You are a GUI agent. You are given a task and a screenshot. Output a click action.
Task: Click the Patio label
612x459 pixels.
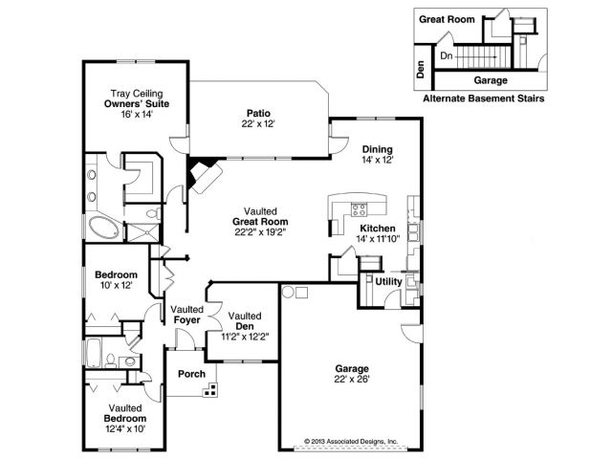(x=258, y=113)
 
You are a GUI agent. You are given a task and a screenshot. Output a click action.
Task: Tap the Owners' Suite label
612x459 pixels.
(x=137, y=104)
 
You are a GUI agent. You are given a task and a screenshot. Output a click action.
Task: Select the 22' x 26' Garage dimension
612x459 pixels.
(x=352, y=379)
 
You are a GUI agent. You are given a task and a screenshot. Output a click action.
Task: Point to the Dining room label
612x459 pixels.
(x=378, y=149)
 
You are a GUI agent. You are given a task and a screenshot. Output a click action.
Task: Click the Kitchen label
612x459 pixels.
(x=378, y=229)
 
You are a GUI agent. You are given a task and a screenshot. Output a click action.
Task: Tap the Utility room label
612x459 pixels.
(x=389, y=281)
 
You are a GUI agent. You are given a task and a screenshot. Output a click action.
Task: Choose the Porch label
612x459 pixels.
(x=191, y=374)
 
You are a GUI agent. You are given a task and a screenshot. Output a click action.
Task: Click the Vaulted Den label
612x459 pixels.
(x=245, y=321)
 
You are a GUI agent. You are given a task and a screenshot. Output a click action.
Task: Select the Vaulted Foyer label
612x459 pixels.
(x=187, y=315)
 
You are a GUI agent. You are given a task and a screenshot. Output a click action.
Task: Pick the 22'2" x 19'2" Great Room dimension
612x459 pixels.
(x=260, y=232)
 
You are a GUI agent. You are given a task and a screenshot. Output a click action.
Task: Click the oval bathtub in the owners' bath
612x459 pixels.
(x=103, y=228)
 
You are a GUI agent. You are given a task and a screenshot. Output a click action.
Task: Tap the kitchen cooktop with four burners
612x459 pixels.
(x=360, y=209)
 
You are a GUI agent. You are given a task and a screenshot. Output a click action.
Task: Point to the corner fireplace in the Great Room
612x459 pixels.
(x=204, y=174)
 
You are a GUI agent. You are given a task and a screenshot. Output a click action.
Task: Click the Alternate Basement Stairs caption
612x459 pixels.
(x=484, y=98)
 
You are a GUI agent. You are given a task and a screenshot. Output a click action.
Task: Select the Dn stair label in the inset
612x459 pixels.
(x=447, y=55)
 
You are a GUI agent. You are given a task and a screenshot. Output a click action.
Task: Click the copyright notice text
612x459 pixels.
(x=351, y=442)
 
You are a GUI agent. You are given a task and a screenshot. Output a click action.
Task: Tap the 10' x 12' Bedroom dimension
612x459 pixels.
(x=117, y=285)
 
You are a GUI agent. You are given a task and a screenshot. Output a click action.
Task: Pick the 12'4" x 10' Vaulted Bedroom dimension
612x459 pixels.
(x=125, y=428)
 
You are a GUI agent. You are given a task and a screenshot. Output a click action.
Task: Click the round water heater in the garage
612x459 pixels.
(x=288, y=292)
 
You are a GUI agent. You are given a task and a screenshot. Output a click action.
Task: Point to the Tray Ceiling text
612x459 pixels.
(x=137, y=94)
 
